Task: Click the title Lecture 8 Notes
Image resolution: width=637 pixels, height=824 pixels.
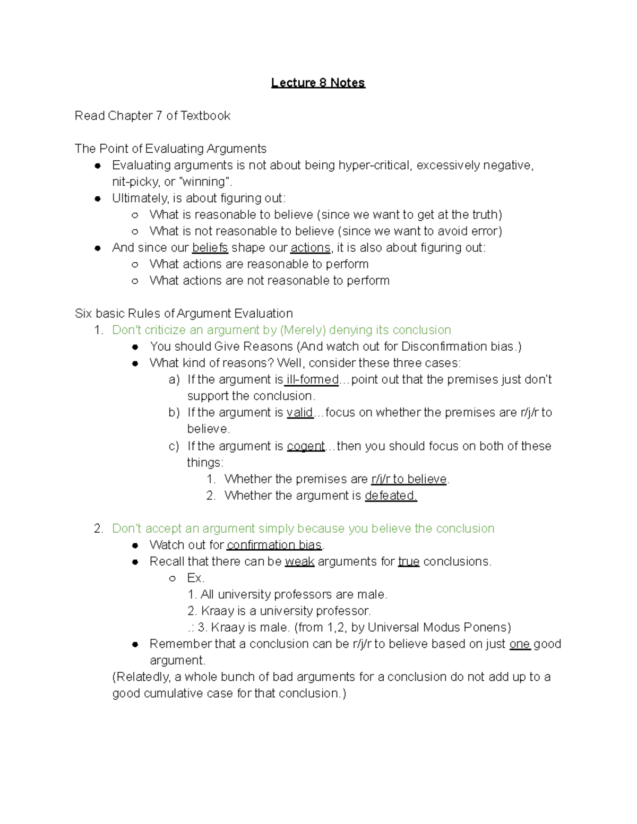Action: click(x=318, y=83)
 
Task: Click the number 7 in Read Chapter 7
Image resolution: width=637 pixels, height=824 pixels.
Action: click(x=159, y=116)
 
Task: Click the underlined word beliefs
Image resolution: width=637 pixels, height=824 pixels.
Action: click(x=210, y=248)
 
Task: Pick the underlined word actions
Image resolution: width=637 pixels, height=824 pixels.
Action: click(x=311, y=248)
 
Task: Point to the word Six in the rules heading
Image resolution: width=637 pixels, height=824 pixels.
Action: click(x=83, y=314)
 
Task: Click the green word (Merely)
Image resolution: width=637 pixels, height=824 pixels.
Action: click(x=303, y=330)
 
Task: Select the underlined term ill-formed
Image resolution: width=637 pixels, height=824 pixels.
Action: click(x=312, y=379)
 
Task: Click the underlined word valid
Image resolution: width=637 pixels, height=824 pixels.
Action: click(x=300, y=412)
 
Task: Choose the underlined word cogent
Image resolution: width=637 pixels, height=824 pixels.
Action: click(x=306, y=446)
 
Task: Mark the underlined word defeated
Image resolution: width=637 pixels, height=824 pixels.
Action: click(x=391, y=496)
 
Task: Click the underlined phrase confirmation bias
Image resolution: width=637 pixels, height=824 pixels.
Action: click(x=274, y=545)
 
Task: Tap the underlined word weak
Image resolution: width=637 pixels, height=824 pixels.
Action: click(x=299, y=561)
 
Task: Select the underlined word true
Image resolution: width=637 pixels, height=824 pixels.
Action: click(x=408, y=561)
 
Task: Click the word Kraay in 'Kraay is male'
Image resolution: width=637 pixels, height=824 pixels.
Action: click(x=225, y=627)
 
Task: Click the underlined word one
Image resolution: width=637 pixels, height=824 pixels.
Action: click(x=520, y=644)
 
